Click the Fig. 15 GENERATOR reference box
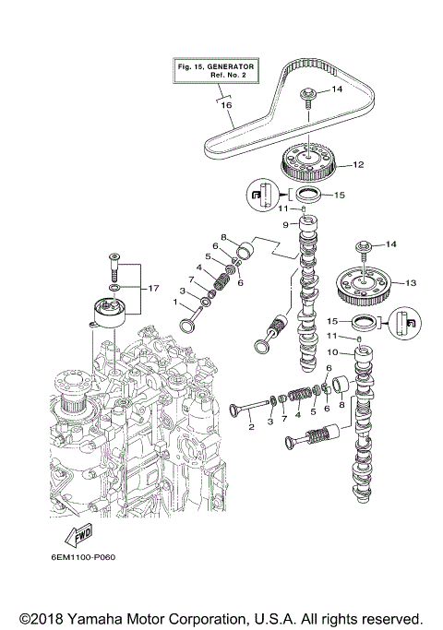tap(216, 71)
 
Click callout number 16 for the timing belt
tap(225, 106)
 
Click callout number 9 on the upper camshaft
tap(286, 223)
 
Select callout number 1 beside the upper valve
tap(176, 302)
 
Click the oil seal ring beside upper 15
tap(308, 194)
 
